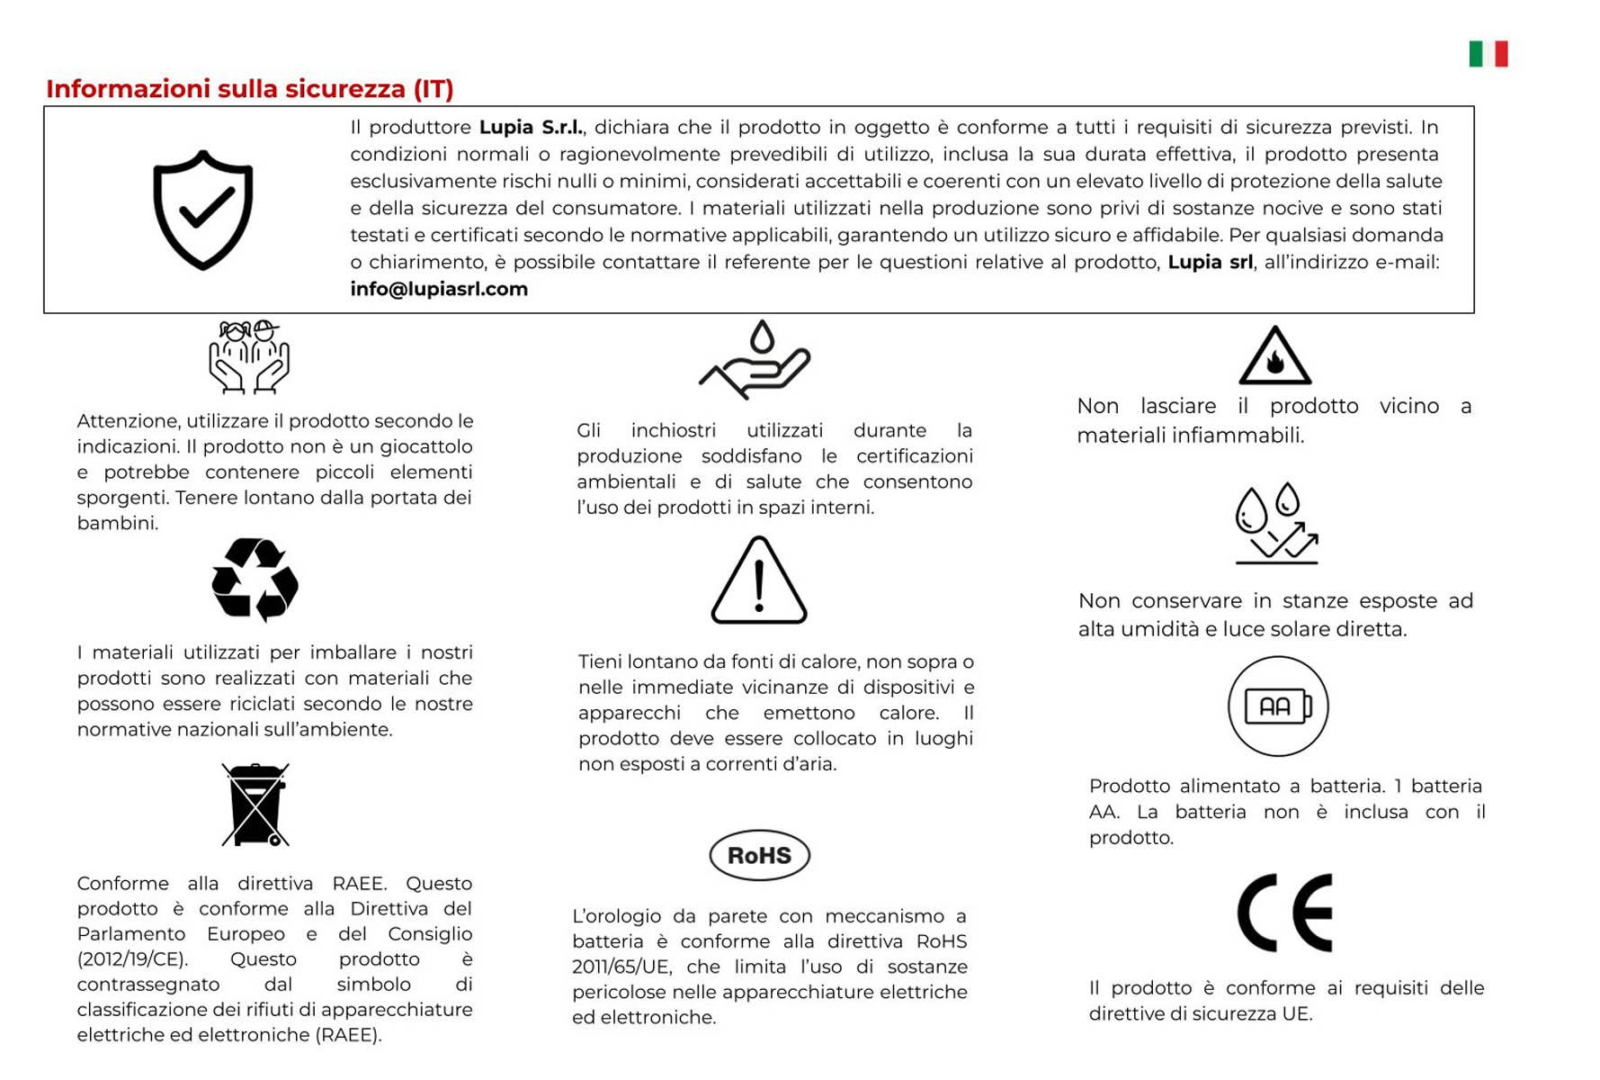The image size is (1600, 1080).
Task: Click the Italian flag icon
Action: click(x=1488, y=54)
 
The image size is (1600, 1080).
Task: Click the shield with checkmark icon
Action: click(x=203, y=210)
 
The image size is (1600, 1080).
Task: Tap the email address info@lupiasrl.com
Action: click(x=439, y=289)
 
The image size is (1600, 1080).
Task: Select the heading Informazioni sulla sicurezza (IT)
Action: click(x=250, y=89)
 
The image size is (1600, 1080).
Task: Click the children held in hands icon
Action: click(x=249, y=356)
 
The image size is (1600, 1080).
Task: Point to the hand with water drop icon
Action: click(x=755, y=360)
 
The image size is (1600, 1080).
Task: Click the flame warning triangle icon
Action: click(x=1274, y=356)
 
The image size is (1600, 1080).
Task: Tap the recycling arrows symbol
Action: click(x=255, y=580)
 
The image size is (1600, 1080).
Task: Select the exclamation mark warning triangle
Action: click(x=759, y=581)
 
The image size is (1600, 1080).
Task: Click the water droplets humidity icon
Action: click(x=1276, y=524)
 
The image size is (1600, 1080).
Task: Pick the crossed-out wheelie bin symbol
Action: click(x=255, y=805)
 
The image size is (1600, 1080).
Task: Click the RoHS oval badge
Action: click(x=759, y=855)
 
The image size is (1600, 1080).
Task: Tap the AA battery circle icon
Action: click(x=1277, y=706)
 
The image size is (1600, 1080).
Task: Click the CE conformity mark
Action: click(x=1284, y=913)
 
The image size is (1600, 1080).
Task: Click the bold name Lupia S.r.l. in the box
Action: click(x=531, y=128)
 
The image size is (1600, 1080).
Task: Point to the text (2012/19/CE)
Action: click(x=132, y=959)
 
